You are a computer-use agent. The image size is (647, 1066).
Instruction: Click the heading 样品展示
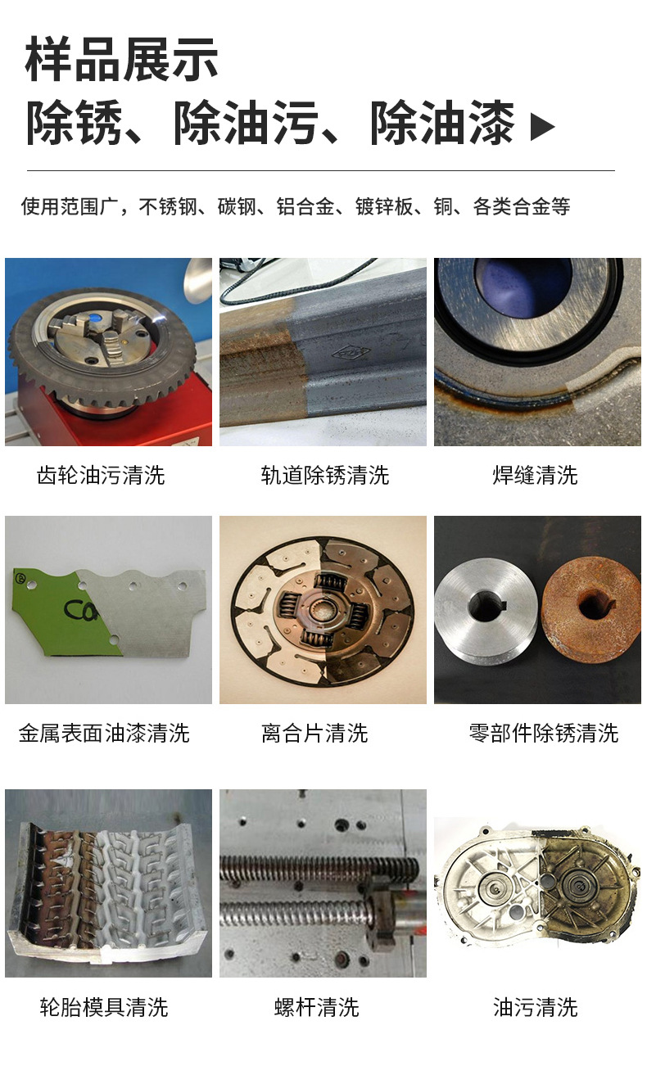[x=122, y=60]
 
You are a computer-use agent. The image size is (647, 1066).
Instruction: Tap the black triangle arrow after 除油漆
[x=542, y=126]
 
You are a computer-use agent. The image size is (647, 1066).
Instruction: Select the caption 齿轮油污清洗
[x=101, y=475]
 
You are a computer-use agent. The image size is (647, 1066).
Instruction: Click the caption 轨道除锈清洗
[x=324, y=475]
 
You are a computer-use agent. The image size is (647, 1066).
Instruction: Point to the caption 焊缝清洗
[x=536, y=475]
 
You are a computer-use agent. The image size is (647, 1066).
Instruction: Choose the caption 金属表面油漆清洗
[x=104, y=733]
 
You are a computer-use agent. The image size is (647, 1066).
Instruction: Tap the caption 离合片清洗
[x=314, y=733]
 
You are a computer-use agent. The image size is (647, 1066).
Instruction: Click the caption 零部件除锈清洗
[x=543, y=733]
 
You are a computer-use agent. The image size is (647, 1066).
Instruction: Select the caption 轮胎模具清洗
[x=104, y=1006]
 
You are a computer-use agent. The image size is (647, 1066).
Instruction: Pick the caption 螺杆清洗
[x=317, y=1006]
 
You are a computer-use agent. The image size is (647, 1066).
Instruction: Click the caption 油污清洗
[x=536, y=1006]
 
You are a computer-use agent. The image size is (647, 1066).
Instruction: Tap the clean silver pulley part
[x=486, y=606]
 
